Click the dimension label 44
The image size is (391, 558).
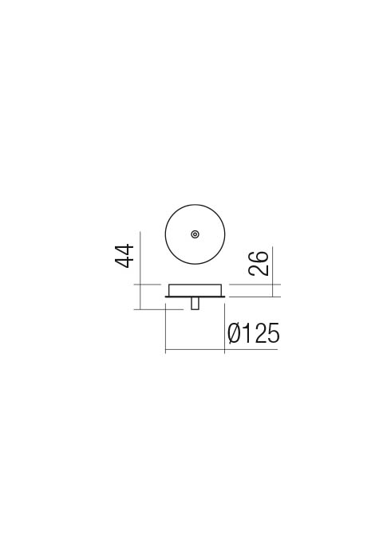(124, 256)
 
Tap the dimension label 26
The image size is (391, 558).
(259, 263)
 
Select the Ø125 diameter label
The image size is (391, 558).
(254, 333)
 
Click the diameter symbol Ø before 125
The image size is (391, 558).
(235, 333)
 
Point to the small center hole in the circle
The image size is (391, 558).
(195, 234)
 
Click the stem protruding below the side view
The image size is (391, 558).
(195, 303)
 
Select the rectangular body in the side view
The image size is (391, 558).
(195, 289)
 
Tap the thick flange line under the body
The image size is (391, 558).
(195, 297)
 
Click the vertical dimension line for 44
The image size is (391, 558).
(140, 270)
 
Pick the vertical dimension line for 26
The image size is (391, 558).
(272, 271)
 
